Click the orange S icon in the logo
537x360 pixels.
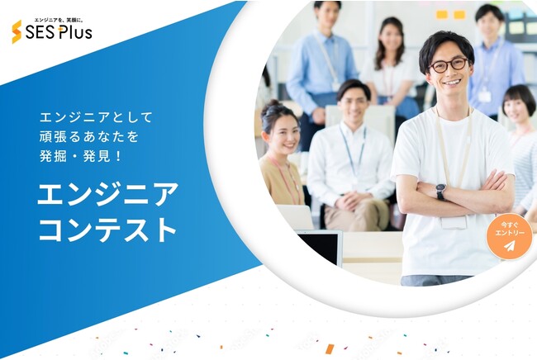pos(17,32)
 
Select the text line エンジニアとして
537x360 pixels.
pos(96,118)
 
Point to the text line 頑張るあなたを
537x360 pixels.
pos(89,137)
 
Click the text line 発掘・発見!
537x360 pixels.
pos(80,156)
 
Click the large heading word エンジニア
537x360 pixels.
pos(107,193)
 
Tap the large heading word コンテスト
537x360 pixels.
pos(107,230)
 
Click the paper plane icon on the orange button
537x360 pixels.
pos(510,246)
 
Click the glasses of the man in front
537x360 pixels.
pos(449,65)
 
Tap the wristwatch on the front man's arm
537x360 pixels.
pos(441,192)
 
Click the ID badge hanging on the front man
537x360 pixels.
pos(454,222)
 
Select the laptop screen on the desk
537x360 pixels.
pos(319,248)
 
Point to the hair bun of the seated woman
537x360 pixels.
pos(273,105)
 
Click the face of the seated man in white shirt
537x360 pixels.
pos(354,103)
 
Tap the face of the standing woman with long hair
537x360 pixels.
pos(390,38)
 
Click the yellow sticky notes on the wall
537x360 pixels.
pos(450,14)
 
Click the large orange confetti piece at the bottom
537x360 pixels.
pos(330,348)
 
